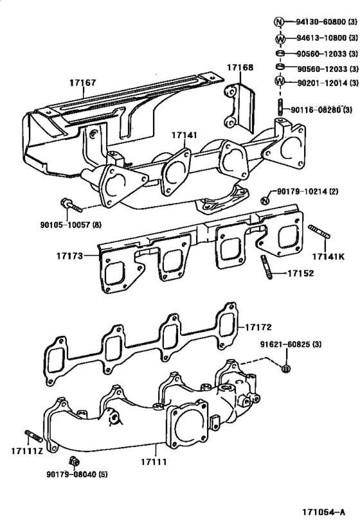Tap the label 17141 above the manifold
tap(185, 135)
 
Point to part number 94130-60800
tap(321, 21)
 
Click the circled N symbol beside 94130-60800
tap(280, 21)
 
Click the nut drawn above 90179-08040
tap(74, 461)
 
